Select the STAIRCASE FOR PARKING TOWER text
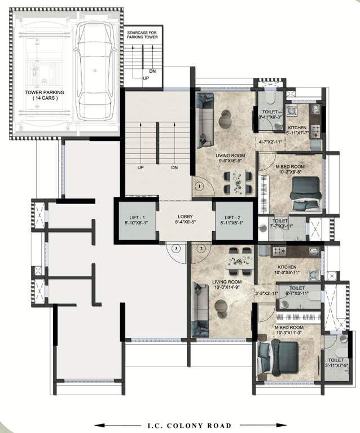pos(142,36)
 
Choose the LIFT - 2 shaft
pos(233,220)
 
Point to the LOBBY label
pos(185,216)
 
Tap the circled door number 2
pos(200,248)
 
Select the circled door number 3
pos(177,248)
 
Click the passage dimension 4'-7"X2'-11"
pos(269,142)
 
